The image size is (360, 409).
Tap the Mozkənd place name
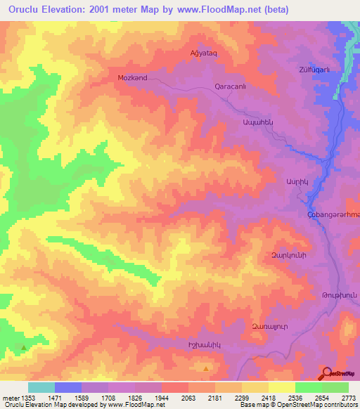(132, 78)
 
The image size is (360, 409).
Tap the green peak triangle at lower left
(25, 347)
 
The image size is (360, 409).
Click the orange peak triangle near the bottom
(205, 368)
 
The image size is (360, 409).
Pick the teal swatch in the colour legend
(41, 387)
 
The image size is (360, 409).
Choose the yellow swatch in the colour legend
(281, 387)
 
